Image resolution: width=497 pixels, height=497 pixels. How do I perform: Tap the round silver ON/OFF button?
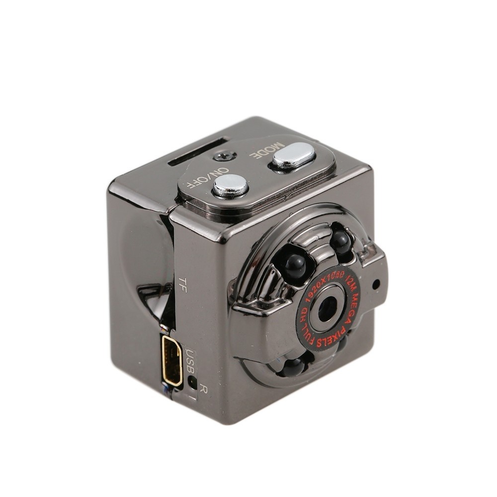(231, 186)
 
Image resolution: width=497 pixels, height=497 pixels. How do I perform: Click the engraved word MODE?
(267, 150)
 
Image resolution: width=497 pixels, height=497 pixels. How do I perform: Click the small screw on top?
(225, 156)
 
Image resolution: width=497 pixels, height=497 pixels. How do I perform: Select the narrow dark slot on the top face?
(198, 152)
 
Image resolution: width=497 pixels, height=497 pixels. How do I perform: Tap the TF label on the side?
(182, 284)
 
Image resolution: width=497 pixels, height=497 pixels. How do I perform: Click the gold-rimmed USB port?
(172, 361)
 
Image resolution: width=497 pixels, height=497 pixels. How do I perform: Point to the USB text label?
(190, 361)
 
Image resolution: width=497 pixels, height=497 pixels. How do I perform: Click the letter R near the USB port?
(203, 389)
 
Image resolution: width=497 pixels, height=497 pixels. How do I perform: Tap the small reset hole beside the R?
(192, 381)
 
